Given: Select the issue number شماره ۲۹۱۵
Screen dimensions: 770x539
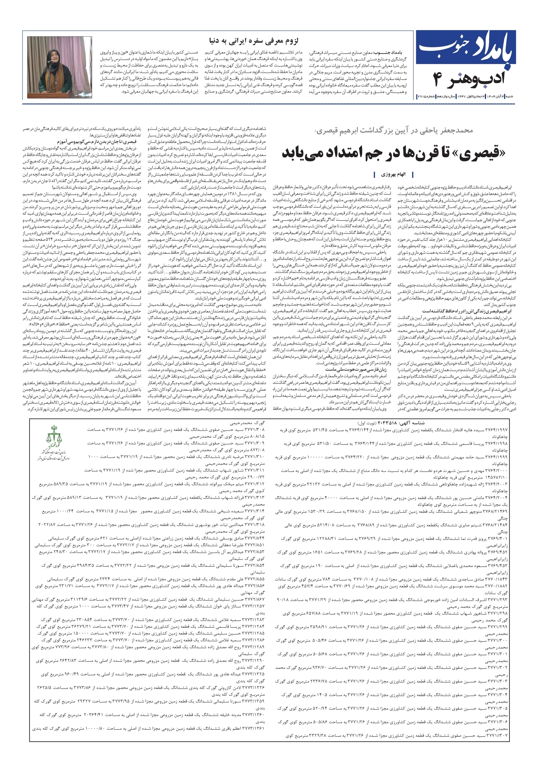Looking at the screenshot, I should [x=425, y=97].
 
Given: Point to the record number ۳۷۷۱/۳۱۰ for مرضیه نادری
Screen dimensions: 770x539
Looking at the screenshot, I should [x=254, y=457].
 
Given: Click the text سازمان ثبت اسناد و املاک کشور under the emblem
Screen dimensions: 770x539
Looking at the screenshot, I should [x=54, y=453].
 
